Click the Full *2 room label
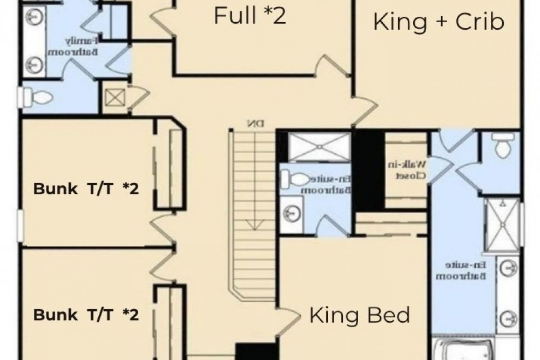249,16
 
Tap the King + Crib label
439,22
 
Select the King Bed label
360,315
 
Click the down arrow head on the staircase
250,225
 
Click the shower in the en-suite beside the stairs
319,146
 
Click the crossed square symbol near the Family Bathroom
114,98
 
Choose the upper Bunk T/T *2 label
87,189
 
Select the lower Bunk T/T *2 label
87,315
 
